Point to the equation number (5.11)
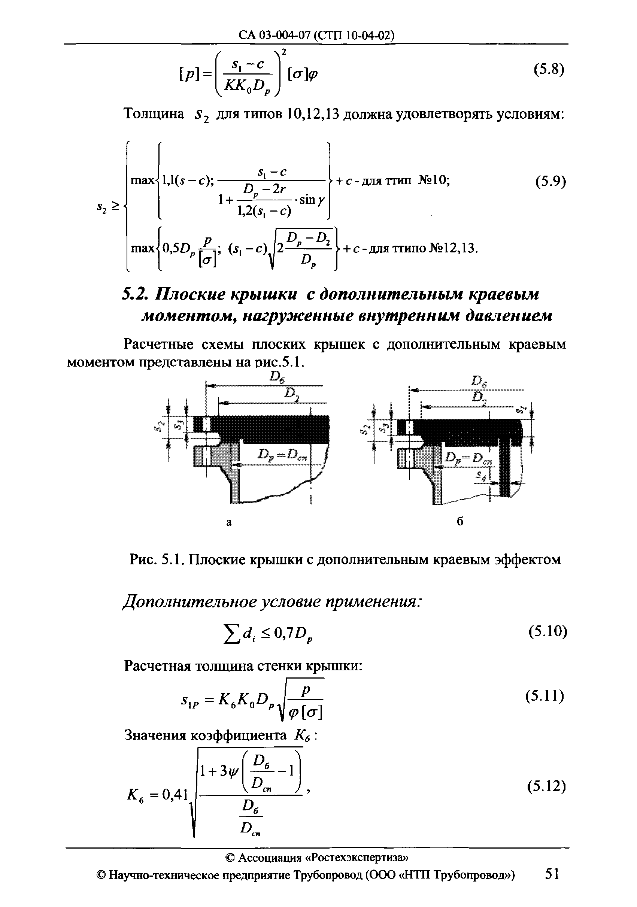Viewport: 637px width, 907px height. point(545,695)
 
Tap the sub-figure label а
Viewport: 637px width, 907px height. point(229,522)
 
